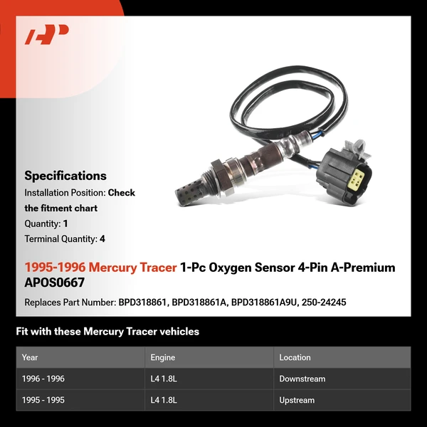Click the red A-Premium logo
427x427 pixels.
pos(46,35)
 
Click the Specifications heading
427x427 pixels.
pos(65,176)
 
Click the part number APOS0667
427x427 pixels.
pos(53,283)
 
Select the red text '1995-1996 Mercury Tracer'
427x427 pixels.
pos(100,268)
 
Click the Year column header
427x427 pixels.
pos(30,357)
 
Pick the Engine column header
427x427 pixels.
pos(163,357)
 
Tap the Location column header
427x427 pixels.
pos(295,357)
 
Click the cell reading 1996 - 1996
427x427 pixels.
pos(43,379)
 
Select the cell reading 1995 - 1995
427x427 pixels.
pos(43,400)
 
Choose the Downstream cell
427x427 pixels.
pos(302,379)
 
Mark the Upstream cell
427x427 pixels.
pos(297,400)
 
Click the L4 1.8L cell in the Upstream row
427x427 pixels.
pos(164,400)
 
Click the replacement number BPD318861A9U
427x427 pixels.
pos(261,302)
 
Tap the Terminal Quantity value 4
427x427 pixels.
pos(102,239)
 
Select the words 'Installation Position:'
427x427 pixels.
pos(65,193)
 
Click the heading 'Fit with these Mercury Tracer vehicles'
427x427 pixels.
pos(107,332)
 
